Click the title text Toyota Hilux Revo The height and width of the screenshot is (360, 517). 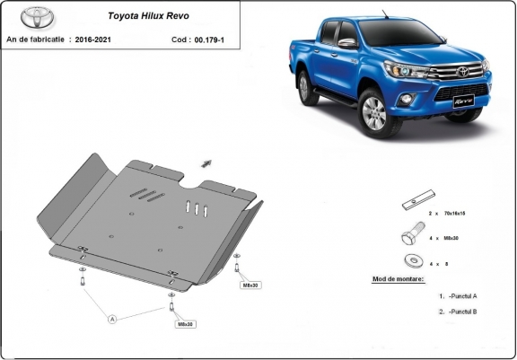tap(147, 15)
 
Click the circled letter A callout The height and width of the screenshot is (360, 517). tap(113, 318)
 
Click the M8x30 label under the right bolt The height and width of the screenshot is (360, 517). tap(250, 285)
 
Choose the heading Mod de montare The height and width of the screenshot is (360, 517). tap(399, 279)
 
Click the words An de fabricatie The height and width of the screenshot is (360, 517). tap(37, 40)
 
